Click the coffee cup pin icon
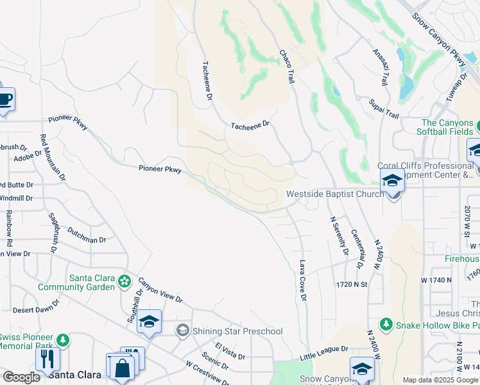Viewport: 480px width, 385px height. point(5,100)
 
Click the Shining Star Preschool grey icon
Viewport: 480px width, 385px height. point(183,331)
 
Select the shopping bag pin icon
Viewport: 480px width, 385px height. point(121,368)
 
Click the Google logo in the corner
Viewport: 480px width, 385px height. point(21,377)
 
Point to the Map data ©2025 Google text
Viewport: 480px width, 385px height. point(440,380)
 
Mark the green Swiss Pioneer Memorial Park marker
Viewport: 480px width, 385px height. point(63,339)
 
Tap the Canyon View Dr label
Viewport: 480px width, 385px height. point(160,290)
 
